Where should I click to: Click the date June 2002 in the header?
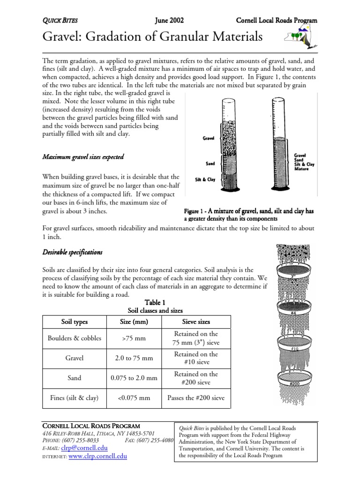(x=169, y=21)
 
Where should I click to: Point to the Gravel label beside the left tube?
(x=208, y=138)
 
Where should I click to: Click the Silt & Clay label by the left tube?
(x=205, y=180)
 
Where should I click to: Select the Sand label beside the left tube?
(x=210, y=164)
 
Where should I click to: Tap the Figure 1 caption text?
(x=248, y=215)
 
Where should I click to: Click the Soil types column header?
(x=75, y=322)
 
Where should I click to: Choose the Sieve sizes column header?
(x=195, y=322)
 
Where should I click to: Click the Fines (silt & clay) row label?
(x=75, y=398)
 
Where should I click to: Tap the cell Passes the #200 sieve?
(x=195, y=398)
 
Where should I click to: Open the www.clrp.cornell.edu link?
(x=97, y=456)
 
